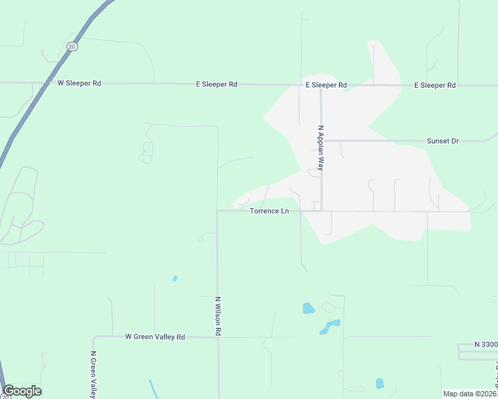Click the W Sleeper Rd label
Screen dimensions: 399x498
click(x=79, y=83)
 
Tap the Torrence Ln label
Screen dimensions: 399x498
click(x=269, y=211)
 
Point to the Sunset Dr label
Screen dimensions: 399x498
click(x=443, y=141)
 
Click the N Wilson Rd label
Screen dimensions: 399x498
click(x=218, y=315)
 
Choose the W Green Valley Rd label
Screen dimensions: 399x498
click(x=154, y=337)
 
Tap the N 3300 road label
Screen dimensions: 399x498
click(x=486, y=344)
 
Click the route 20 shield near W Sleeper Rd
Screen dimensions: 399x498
click(x=72, y=46)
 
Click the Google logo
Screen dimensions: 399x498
click(x=22, y=391)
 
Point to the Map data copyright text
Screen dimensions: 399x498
click(x=469, y=394)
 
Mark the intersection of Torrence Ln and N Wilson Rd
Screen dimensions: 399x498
click(x=218, y=211)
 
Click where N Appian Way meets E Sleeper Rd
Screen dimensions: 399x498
click(x=321, y=86)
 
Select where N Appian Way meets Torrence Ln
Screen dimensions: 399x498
click(x=322, y=211)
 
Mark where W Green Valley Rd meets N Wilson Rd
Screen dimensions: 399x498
click(x=218, y=337)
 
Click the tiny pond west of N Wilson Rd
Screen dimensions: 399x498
click(x=174, y=279)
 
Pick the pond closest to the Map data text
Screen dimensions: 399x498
click(x=379, y=383)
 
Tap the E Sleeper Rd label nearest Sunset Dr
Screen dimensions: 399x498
click(x=435, y=85)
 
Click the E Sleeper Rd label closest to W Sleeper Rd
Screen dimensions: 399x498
click(x=216, y=84)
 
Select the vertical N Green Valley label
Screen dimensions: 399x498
click(x=94, y=374)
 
